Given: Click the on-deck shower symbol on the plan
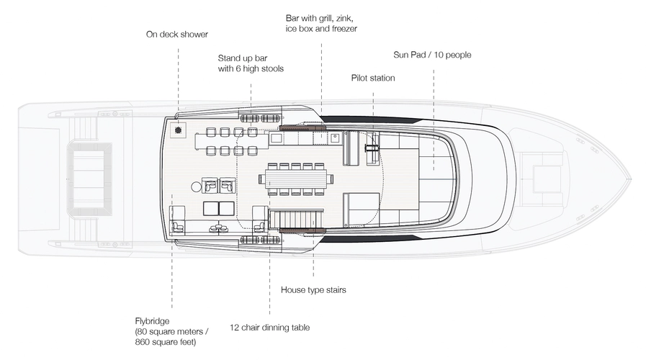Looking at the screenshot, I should pyautogui.click(x=178, y=131).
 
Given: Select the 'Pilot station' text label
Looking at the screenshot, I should pyautogui.click(x=373, y=78).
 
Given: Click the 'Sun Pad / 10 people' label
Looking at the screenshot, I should pyautogui.click(x=432, y=54).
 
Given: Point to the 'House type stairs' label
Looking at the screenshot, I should pyautogui.click(x=313, y=290).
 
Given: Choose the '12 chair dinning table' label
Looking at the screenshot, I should pyautogui.click(x=270, y=328).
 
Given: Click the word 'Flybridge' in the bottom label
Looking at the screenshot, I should pyautogui.click(x=153, y=322).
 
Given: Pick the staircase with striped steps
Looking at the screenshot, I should pyautogui.click(x=292, y=217).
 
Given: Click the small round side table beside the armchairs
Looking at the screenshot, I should pyautogui.click(x=196, y=186).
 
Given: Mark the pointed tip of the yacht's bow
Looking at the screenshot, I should pyautogui.click(x=629, y=177).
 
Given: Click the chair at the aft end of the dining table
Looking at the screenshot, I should pyautogui.click(x=261, y=177).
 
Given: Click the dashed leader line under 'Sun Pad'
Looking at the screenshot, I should pyautogui.click(x=434, y=108).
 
